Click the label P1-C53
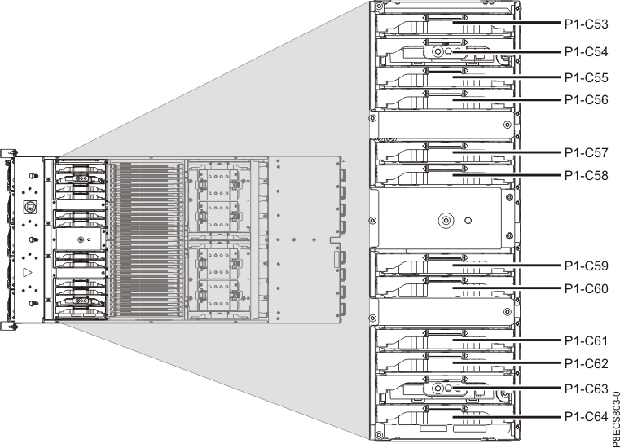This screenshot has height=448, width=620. (x=586, y=24)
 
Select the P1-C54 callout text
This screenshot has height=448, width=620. (x=586, y=52)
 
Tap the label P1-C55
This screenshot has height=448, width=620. (x=586, y=78)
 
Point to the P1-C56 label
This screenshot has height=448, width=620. (x=586, y=100)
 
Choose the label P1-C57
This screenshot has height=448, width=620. (x=586, y=152)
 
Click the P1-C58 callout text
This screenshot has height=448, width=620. (x=586, y=176)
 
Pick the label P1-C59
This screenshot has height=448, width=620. (x=586, y=266)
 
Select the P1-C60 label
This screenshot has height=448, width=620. (x=586, y=289)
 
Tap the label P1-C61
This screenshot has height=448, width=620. (x=586, y=340)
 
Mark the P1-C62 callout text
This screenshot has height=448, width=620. (x=586, y=363)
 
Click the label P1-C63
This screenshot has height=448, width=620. (x=586, y=389)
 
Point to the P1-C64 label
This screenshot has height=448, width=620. (x=586, y=417)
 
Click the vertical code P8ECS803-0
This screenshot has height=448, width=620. (x=615, y=419)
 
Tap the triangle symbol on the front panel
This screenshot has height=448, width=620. (x=28, y=272)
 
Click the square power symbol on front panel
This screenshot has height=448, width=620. (x=29, y=206)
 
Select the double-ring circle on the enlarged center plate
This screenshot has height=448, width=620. (x=446, y=220)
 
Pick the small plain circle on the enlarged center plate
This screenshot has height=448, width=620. (x=468, y=220)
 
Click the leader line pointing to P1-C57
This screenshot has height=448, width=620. (x=507, y=152)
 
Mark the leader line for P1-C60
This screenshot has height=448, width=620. (x=507, y=288)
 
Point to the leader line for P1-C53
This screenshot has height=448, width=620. (x=507, y=23)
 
